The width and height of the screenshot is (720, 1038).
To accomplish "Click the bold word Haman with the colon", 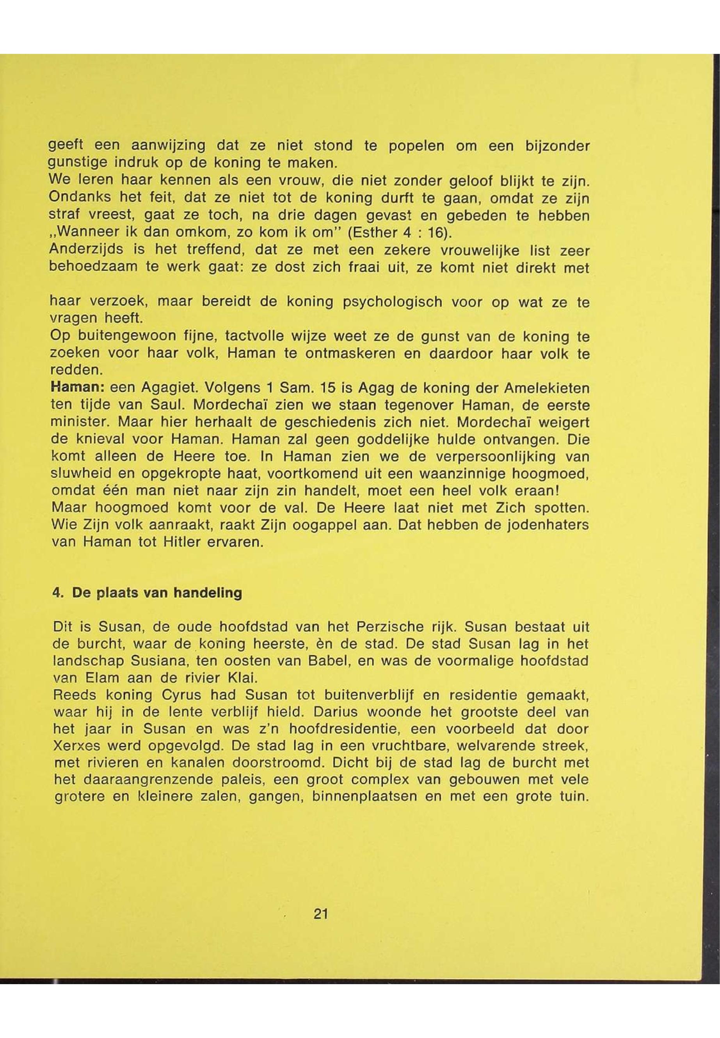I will (78, 387).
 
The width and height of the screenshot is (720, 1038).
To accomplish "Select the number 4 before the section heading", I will (57, 592).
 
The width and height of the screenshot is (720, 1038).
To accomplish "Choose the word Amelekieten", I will (547, 387).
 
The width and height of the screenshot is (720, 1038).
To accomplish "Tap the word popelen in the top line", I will (416, 146).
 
